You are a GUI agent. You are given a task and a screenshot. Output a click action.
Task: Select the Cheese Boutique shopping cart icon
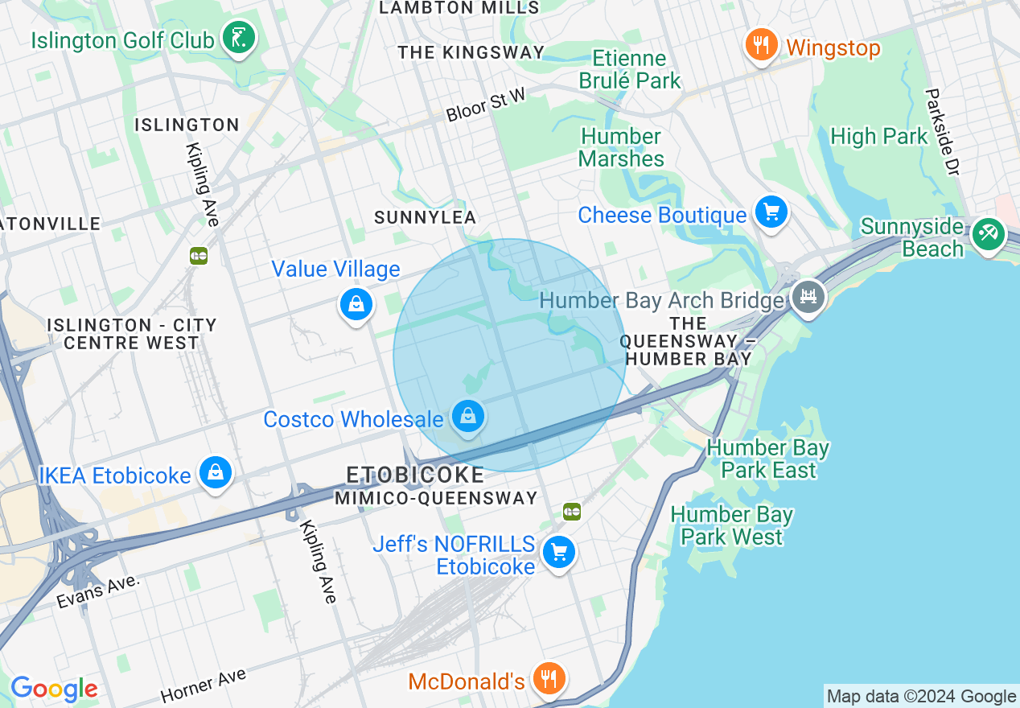(x=771, y=213)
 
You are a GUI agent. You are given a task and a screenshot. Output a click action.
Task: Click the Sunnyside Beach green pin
(x=988, y=234)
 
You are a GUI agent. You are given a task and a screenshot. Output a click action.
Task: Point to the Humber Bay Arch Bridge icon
(x=808, y=297)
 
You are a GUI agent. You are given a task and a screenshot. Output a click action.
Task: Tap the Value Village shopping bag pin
(x=356, y=304)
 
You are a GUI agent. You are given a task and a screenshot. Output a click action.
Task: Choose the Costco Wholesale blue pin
(x=467, y=416)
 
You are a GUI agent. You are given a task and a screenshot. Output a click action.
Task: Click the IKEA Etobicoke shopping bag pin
(x=216, y=472)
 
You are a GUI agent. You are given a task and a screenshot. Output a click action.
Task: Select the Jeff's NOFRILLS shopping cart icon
(x=558, y=553)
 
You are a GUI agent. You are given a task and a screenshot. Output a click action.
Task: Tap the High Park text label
(x=878, y=137)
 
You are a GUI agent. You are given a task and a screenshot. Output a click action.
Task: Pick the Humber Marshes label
(x=621, y=147)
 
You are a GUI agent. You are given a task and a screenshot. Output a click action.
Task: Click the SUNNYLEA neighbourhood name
(x=426, y=217)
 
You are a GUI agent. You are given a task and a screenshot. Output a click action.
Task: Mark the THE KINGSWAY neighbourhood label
(x=471, y=52)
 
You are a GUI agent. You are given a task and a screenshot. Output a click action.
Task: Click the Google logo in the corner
(x=54, y=689)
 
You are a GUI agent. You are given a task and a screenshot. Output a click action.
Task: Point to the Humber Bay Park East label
(x=767, y=459)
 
